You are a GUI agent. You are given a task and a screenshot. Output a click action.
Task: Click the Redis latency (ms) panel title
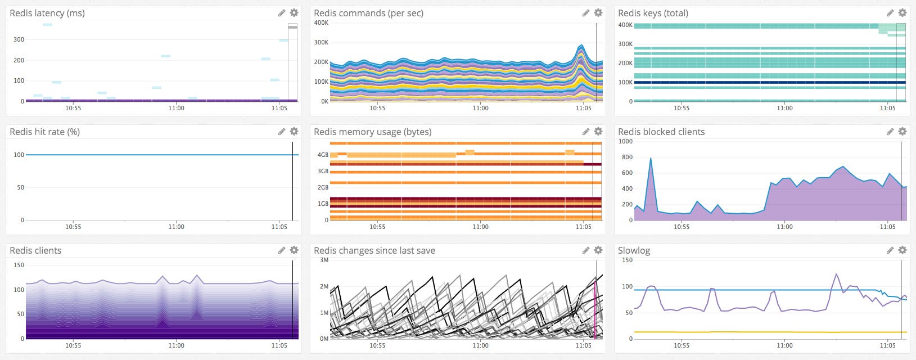(47, 13)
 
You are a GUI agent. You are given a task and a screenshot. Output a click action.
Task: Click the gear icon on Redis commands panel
(598, 12)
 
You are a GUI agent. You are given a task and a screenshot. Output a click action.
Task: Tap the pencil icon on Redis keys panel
(890, 12)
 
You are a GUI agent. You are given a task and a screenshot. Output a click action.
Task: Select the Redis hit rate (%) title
(44, 132)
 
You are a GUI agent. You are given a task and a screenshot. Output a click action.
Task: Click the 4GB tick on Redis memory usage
(323, 155)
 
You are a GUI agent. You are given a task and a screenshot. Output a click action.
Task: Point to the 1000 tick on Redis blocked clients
(625, 141)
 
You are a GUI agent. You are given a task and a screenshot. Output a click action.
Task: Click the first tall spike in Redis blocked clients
(651, 159)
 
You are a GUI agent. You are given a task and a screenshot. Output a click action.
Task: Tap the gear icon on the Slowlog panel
(903, 250)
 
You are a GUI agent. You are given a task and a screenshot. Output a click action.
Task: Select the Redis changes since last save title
(374, 250)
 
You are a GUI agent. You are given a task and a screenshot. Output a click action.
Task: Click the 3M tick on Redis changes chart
(324, 260)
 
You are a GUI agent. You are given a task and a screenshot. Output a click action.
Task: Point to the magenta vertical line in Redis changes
(595, 309)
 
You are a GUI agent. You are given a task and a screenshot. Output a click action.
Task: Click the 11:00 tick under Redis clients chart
(176, 345)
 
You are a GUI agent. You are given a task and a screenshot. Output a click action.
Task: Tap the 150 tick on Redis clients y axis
(19, 265)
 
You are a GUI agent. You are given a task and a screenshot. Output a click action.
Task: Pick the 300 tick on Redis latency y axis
(19, 39)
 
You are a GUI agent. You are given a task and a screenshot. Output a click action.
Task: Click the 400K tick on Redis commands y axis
(321, 23)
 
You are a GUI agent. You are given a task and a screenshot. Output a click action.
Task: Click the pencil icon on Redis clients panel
(282, 250)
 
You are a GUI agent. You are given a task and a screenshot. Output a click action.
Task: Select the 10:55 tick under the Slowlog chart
(682, 345)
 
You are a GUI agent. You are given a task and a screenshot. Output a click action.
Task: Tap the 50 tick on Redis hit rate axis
(21, 187)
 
